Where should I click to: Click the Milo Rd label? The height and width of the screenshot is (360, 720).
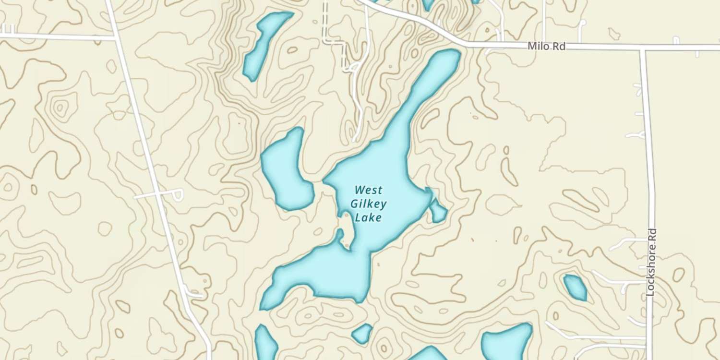546,46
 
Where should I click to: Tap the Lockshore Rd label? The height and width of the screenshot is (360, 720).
651,262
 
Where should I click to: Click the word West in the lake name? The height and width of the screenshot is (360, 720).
369,190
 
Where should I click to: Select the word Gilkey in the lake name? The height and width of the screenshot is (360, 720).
369,204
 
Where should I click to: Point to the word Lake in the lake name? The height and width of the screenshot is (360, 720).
369,218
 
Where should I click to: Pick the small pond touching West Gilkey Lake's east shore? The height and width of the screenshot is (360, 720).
438,211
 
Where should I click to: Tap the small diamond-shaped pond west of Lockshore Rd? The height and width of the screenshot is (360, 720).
575,287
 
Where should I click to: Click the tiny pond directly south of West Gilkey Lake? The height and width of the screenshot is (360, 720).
362,334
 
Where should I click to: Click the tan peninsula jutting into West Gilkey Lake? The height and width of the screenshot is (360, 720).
346,230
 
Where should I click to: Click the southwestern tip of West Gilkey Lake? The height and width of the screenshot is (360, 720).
265,305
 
